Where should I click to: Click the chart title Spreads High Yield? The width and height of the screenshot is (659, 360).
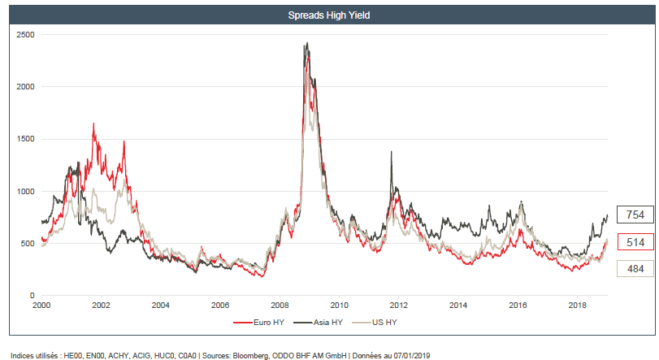point(329,15)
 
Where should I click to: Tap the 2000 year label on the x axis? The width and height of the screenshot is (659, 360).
point(42,305)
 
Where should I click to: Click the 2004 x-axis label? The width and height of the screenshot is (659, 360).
point(160,305)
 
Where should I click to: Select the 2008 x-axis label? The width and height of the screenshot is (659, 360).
point(280,305)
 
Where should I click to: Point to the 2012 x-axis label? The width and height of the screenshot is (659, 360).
point(399,305)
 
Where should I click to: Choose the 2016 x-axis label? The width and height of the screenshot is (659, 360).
point(518,305)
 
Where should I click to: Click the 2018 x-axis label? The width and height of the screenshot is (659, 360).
point(577,305)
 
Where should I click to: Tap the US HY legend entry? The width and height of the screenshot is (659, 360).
point(384,322)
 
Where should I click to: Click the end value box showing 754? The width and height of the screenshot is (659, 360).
point(635,215)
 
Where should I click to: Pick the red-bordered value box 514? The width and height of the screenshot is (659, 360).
point(635,241)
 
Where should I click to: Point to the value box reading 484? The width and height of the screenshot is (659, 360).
point(635,268)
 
